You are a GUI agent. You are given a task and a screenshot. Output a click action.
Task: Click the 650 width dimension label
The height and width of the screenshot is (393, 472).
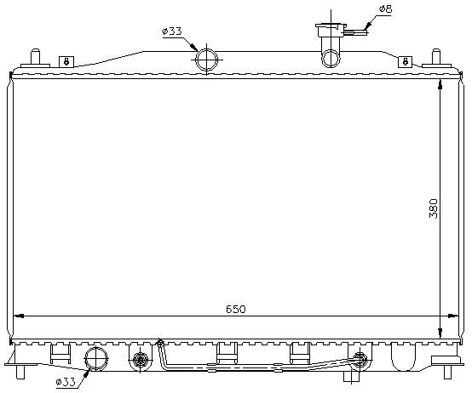click(x=236, y=309)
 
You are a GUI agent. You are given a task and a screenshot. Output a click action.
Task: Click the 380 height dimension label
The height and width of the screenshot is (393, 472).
click(x=434, y=208)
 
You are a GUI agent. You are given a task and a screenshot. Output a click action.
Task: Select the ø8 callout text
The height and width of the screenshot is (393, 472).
click(x=386, y=9)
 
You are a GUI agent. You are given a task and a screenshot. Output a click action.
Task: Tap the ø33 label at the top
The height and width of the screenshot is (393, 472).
click(x=172, y=31)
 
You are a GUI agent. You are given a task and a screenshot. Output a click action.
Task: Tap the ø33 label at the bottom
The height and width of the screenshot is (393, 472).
click(x=66, y=382)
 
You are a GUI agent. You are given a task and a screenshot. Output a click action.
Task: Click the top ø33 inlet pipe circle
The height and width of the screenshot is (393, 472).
click(x=206, y=60)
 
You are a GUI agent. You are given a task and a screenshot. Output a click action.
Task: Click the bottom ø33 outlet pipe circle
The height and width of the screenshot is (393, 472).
click(x=96, y=358)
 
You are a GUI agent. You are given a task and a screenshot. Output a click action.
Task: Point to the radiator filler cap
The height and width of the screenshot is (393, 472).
click(x=331, y=30)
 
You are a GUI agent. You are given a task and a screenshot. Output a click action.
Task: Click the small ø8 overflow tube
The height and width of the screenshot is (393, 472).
click(x=356, y=32)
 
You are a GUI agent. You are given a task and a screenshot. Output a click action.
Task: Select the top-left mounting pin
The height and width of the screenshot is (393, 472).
click(x=35, y=56)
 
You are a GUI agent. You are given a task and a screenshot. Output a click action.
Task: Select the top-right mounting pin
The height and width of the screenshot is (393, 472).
click(x=436, y=56)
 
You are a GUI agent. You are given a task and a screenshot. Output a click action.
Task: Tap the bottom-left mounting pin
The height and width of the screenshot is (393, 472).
click(x=20, y=372)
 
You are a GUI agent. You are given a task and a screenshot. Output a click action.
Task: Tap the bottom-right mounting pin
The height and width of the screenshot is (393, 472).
click(x=448, y=372)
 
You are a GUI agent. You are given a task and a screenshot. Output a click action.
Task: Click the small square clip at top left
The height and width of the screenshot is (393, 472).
click(x=66, y=62)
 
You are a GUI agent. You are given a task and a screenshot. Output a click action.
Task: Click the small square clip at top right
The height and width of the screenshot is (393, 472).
click(x=406, y=62)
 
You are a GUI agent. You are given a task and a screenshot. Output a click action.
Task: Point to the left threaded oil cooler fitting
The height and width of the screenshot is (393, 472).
click(x=140, y=359)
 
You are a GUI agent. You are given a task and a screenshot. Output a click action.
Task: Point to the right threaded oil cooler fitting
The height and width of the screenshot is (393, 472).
click(x=360, y=360)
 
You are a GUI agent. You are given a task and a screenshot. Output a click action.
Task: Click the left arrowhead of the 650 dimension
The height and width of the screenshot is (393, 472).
click(x=19, y=316)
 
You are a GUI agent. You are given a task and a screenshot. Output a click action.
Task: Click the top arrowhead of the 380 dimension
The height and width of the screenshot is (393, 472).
click(x=440, y=84)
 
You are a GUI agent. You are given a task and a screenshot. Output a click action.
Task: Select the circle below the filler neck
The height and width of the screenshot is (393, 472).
click(x=331, y=59)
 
